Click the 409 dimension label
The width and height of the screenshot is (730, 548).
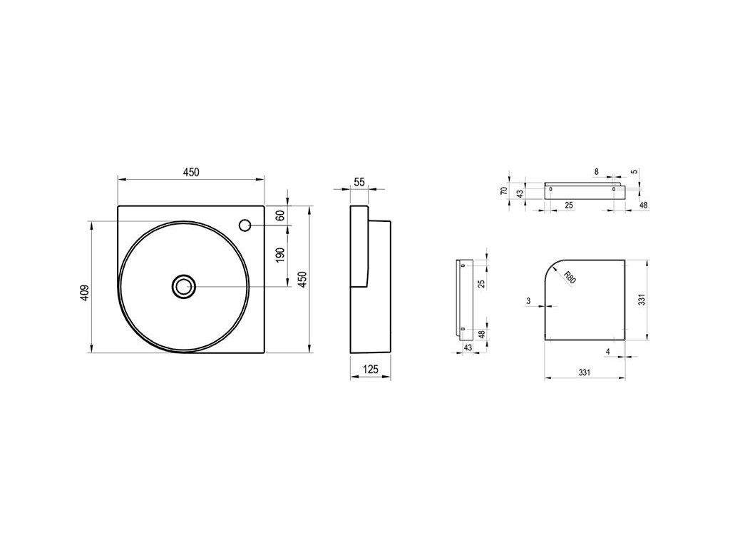84,292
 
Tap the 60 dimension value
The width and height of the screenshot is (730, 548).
279,215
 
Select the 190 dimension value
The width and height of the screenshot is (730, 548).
279,255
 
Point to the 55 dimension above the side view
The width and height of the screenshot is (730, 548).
359,182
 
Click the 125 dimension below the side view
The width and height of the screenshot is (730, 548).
370,370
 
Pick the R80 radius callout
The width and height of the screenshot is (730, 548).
570,278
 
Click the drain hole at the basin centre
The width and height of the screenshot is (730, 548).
183,286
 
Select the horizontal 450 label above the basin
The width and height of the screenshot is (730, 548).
191,172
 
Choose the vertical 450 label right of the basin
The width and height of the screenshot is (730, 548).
302,279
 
